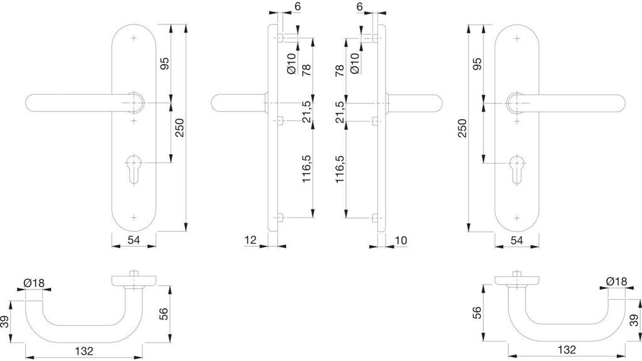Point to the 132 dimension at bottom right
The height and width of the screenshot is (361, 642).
click(567, 350)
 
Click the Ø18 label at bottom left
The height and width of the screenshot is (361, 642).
click(34, 283)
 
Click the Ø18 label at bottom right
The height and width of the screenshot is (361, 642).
click(617, 283)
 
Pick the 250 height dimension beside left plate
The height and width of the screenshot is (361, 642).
click(179, 130)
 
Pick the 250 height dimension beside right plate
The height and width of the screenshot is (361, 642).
click(462, 130)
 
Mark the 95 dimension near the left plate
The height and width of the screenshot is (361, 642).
click(164, 64)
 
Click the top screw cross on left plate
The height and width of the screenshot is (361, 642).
click(134, 39)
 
